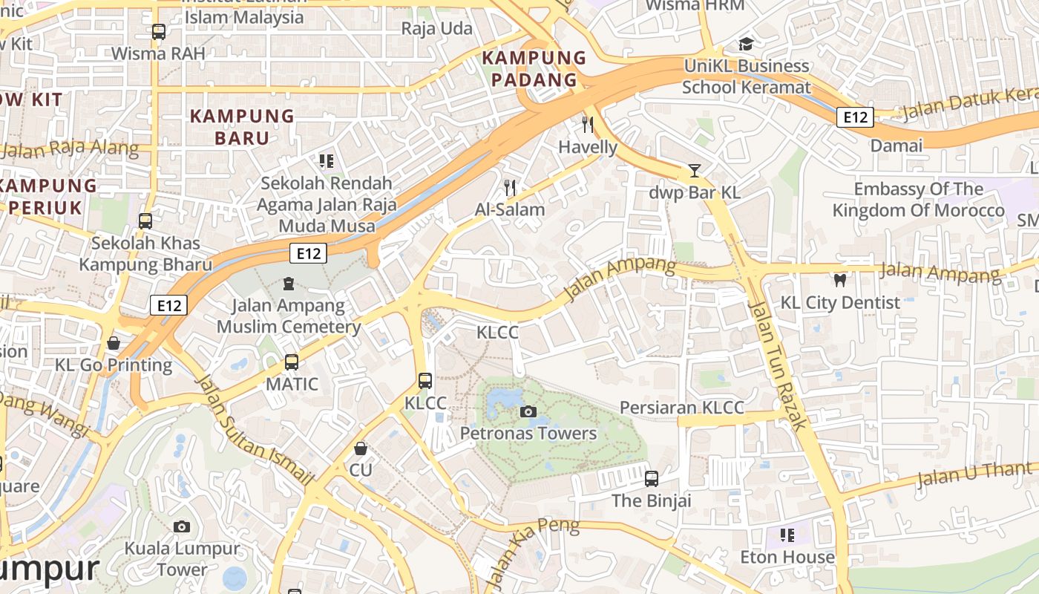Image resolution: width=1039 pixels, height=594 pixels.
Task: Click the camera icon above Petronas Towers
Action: tap(528, 411)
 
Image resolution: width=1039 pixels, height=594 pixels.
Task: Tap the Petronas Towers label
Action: tap(528, 433)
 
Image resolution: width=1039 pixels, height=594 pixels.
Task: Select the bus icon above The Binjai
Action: tap(652, 479)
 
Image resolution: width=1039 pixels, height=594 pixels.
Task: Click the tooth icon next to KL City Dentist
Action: tap(840, 281)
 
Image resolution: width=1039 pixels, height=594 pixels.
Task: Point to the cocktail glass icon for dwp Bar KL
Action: tap(694, 171)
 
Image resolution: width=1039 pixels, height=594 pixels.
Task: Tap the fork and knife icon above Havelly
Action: tap(588, 124)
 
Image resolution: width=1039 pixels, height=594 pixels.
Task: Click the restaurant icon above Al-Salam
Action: tap(509, 187)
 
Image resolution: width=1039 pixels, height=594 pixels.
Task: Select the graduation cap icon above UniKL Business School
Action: tap(746, 44)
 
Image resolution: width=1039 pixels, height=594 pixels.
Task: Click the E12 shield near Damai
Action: tap(855, 117)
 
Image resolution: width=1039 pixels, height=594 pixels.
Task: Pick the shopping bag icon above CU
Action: tap(361, 448)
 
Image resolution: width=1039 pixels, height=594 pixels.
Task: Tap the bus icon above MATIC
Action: tap(292, 362)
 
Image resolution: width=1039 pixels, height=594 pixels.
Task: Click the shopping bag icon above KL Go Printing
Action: tap(114, 343)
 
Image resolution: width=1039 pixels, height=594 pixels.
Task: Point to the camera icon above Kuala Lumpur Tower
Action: tap(182, 526)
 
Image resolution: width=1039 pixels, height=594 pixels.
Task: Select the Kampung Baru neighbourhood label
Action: tap(242, 127)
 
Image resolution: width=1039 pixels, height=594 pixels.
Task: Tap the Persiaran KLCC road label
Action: tap(681, 408)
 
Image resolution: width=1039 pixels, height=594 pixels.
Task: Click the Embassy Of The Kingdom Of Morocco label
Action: tap(918, 200)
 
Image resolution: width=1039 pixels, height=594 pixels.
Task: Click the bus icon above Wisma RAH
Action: tap(158, 32)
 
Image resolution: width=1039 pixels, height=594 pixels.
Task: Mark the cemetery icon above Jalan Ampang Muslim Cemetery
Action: tap(288, 284)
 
